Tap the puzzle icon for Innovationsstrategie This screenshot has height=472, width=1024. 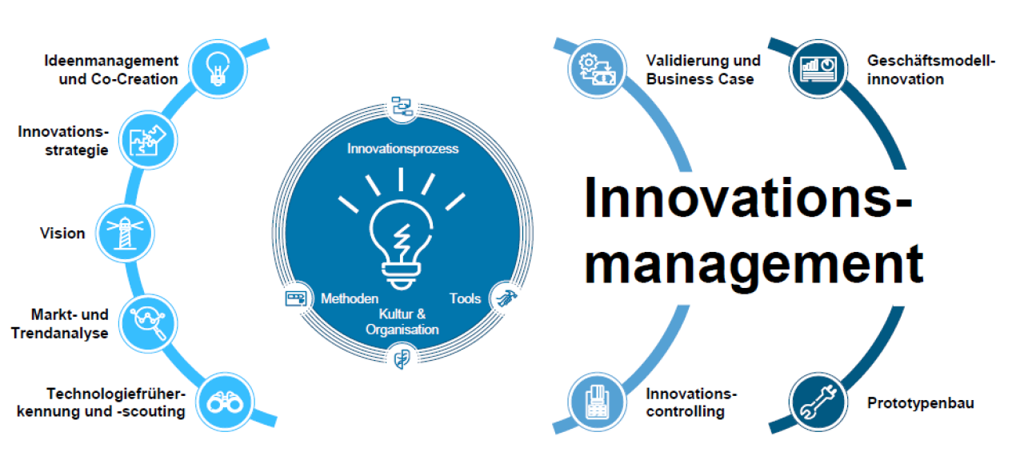(148, 140)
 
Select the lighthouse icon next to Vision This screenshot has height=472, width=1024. (125, 233)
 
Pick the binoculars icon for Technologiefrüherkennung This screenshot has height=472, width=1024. (218, 402)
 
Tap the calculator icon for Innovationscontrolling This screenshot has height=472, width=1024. (597, 402)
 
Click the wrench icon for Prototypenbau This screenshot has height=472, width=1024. (818, 402)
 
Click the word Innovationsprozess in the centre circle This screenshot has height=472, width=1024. (402, 149)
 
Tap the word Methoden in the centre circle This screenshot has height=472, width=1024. (350, 298)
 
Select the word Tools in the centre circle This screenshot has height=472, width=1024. (465, 298)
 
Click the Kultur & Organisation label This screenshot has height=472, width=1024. (402, 322)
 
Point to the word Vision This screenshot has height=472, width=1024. (62, 234)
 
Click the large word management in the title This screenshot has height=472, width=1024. (753, 263)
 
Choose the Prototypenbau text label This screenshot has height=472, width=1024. (920, 403)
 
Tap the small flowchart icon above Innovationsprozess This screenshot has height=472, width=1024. (401, 106)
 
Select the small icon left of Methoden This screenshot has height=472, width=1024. (296, 298)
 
